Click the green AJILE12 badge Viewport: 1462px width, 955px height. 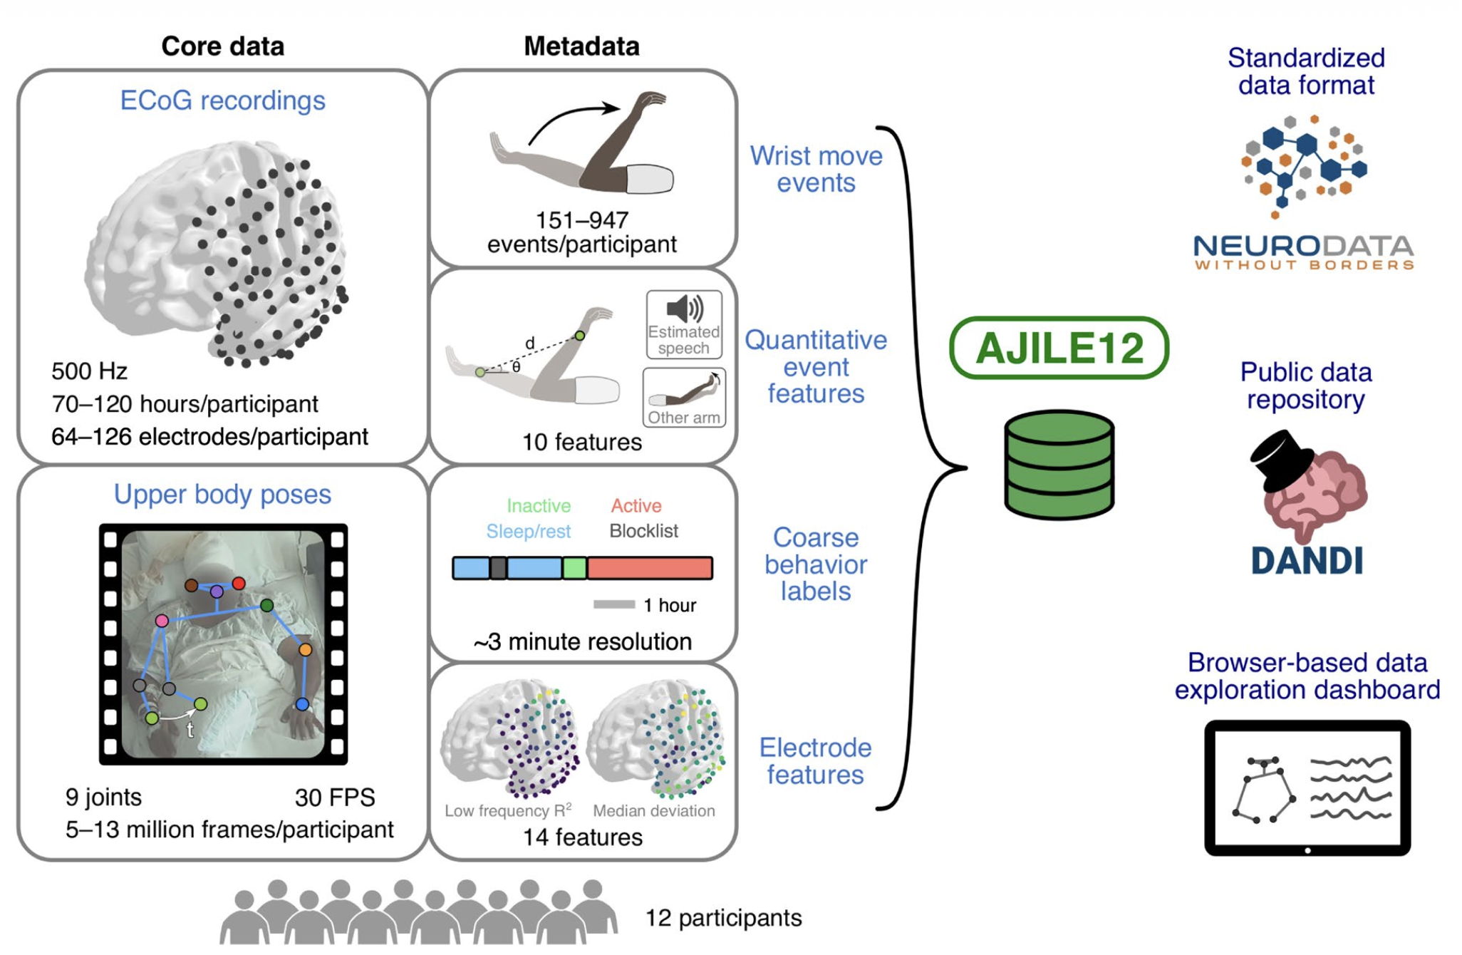coord(1059,348)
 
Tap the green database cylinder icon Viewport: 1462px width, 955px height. coord(1059,464)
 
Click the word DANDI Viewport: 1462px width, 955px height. coord(1307,561)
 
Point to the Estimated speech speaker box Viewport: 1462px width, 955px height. coord(683,324)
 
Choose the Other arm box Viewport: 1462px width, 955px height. coord(683,398)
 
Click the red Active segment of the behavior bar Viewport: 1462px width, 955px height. coord(649,568)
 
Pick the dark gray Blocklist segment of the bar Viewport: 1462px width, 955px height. coord(498,568)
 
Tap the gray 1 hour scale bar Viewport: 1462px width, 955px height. coord(613,604)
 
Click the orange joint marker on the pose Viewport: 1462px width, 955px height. coord(305,649)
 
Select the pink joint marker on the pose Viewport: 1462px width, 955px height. coord(162,621)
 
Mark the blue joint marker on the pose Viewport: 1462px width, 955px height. coord(302,704)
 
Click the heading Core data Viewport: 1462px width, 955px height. coord(222,46)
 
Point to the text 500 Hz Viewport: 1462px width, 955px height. coord(89,371)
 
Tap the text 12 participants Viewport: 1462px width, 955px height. coord(723,918)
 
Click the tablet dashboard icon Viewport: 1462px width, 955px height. coord(1307,788)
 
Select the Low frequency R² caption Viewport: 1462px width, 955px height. coord(508,810)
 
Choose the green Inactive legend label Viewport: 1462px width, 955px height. coord(539,505)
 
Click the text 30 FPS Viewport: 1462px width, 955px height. coord(335,797)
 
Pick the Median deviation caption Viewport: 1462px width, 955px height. coord(653,810)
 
